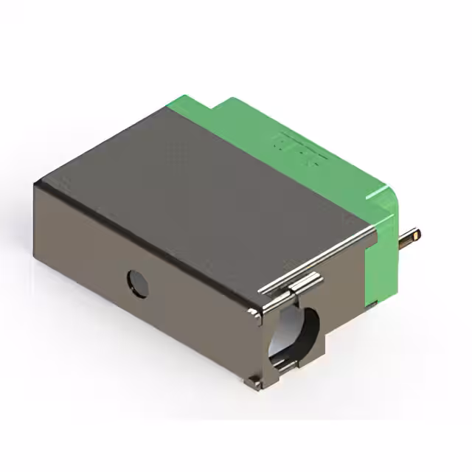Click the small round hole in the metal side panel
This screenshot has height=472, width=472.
click(138, 283)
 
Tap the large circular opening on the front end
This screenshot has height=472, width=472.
click(295, 336)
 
